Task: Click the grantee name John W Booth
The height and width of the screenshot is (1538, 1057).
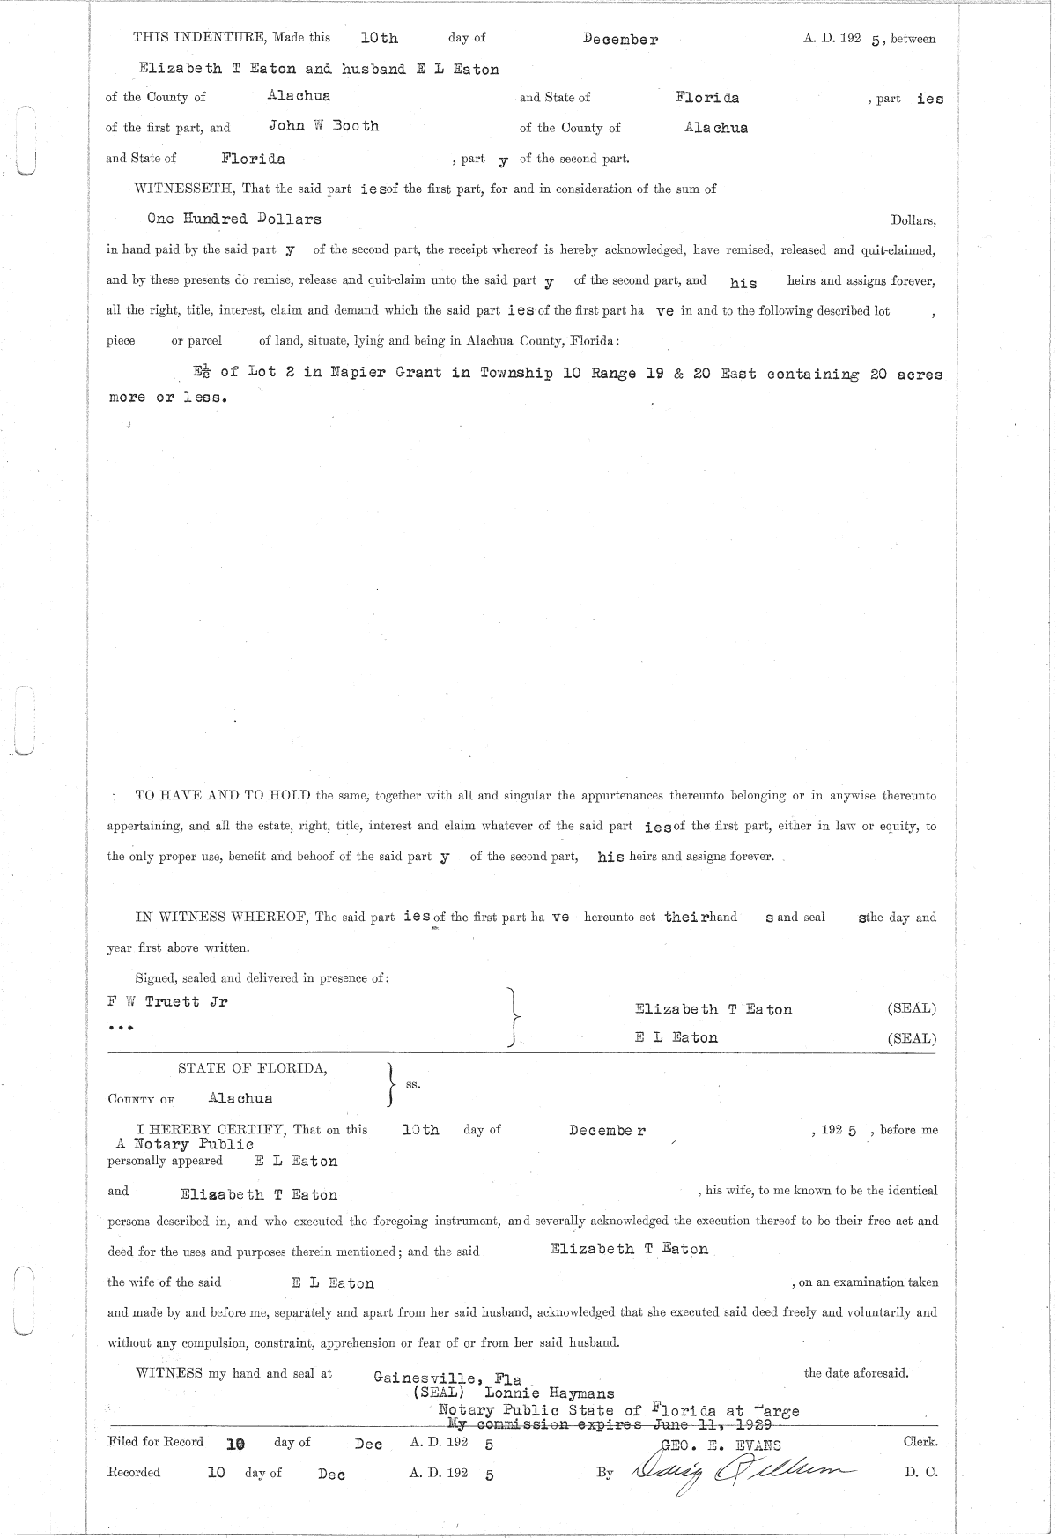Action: point(323,126)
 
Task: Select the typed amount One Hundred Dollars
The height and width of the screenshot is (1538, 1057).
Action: point(234,219)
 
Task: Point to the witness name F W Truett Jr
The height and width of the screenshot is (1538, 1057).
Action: point(167,1002)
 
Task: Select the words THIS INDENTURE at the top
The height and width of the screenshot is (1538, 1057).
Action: point(200,38)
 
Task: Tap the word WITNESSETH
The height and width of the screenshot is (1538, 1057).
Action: point(182,189)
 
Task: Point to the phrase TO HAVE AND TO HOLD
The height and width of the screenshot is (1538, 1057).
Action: point(222,795)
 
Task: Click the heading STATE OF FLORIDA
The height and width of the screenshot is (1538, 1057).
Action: point(253,1068)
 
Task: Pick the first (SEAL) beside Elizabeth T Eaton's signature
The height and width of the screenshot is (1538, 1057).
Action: point(912,1008)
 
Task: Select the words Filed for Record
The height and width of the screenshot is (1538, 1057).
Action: point(155,1442)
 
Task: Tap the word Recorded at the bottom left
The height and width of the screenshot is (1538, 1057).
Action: point(134,1472)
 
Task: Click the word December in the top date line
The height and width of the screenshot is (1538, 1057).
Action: point(620,40)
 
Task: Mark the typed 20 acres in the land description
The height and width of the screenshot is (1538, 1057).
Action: point(905,374)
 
